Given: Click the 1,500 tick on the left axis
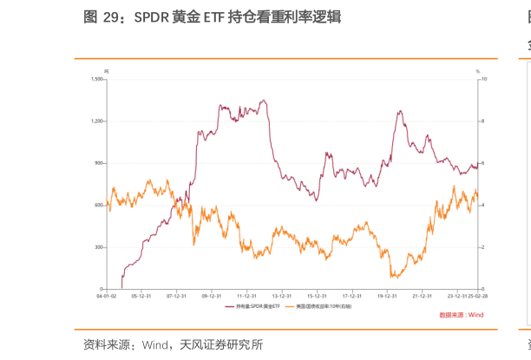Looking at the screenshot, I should point(97,79).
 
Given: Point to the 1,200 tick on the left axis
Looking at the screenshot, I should point(97,121).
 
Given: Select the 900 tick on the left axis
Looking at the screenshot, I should point(99,163).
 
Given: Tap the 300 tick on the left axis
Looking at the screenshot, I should point(99,247).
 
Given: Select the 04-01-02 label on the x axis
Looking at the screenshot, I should point(106,296).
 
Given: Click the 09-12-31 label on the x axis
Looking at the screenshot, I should point(212,296).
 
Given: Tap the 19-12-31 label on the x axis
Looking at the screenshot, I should point(387,296).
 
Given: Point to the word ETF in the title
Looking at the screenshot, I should point(213,15).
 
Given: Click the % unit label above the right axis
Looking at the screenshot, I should point(477,70).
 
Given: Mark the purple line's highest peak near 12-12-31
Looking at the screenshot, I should point(263,100).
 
